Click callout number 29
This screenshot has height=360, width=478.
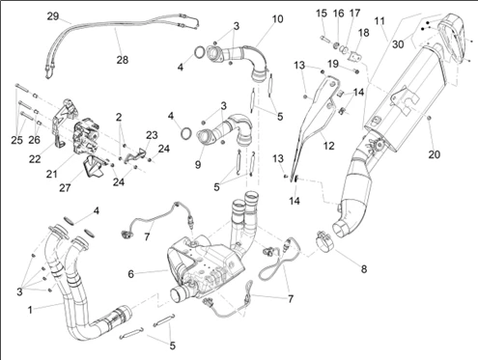(53, 16)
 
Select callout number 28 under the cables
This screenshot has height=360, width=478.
(123, 60)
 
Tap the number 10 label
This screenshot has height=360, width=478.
(277, 19)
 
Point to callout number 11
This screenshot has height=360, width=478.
(380, 21)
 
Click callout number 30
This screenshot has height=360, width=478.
(398, 44)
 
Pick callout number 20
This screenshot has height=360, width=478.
(434, 154)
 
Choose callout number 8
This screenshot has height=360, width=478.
(364, 269)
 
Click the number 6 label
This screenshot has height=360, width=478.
(130, 274)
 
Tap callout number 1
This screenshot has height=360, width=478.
(30, 310)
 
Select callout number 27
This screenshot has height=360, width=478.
(65, 187)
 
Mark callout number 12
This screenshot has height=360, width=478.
(328, 146)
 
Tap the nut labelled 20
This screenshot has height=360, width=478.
(430, 120)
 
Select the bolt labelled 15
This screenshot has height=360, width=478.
(324, 40)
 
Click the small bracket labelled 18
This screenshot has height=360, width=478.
(355, 57)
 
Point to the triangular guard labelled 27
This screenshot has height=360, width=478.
(94, 166)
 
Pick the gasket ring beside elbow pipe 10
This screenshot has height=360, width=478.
(200, 52)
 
